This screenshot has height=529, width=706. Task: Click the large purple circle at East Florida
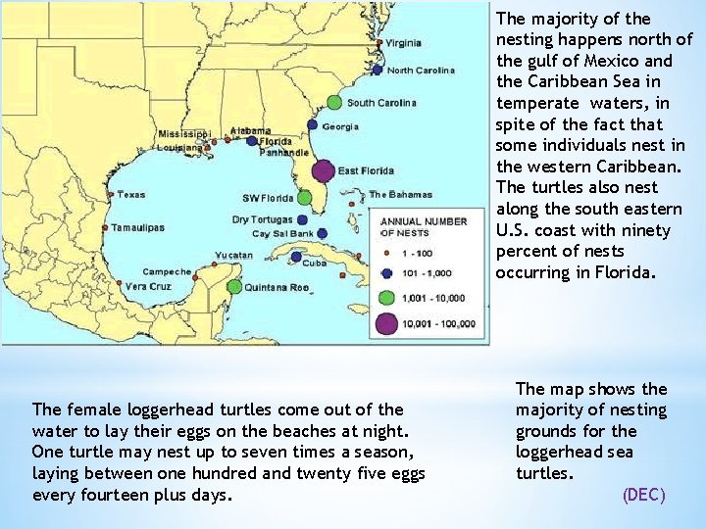click(x=323, y=170)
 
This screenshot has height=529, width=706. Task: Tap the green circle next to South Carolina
click(x=334, y=102)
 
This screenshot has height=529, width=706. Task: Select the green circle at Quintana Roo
click(x=233, y=287)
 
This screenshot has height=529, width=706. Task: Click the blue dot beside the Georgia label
click(x=313, y=125)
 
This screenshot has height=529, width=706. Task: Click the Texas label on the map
click(x=130, y=194)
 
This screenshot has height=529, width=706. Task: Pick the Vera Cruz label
click(x=148, y=286)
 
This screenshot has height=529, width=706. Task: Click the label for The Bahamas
click(x=400, y=194)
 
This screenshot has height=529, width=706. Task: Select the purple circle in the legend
click(x=387, y=322)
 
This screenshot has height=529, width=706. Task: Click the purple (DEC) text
click(x=643, y=495)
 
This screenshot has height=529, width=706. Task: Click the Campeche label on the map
click(x=167, y=271)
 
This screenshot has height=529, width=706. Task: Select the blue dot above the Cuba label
click(x=297, y=257)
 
